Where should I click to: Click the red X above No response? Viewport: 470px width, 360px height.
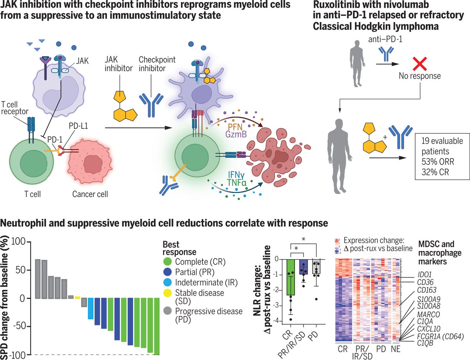415,63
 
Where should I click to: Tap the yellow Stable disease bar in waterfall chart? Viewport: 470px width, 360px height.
77,297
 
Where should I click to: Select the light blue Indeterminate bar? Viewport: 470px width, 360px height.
90,308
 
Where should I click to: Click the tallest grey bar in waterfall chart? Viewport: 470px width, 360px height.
38,279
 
